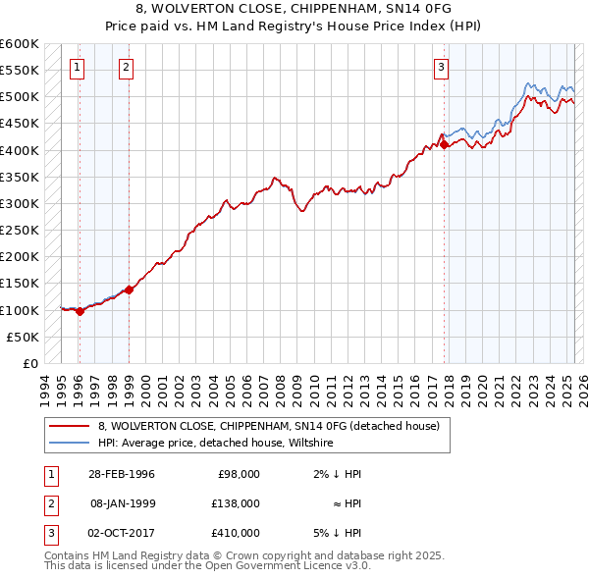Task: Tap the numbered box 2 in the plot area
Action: click(128, 68)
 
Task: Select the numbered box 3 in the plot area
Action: click(442, 68)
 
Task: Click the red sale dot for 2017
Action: click(444, 144)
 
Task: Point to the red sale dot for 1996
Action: click(80, 311)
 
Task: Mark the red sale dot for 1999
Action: click(129, 289)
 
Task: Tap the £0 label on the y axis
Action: click(29, 363)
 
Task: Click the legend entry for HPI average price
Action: click(216, 443)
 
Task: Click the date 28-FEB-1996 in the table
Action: click(122, 474)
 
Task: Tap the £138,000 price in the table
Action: click(236, 503)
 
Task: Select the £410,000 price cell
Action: click(236, 533)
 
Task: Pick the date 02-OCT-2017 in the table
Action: click(122, 533)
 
